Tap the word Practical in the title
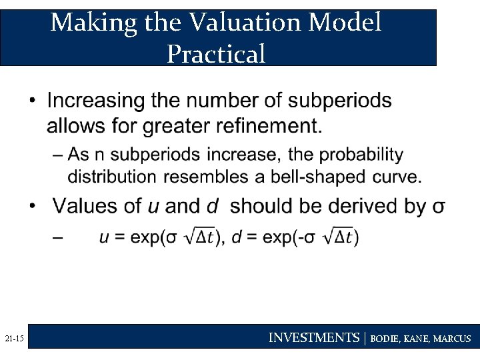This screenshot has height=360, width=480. coord(216,53)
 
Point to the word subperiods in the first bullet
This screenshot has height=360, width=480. coord(340,101)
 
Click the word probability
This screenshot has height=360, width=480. coord(362,155)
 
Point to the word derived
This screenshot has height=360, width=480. coord(353,205)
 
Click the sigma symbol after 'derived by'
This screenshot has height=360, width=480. coord(438,207)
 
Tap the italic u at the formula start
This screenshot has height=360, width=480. coord(104,237)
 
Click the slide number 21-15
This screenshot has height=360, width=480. coord(13,339)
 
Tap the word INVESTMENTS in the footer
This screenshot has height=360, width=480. coord(313,338)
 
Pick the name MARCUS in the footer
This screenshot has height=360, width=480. coord(451,339)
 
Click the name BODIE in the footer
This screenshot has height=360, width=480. coord(385,339)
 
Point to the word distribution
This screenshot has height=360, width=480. coord(110,177)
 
